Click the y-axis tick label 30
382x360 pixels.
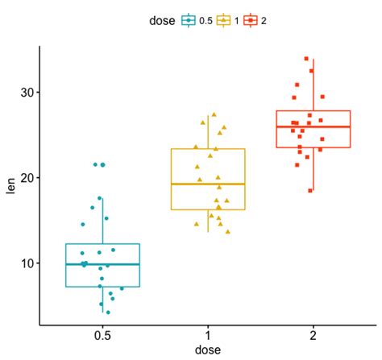click(27, 92)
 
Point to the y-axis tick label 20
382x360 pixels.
click(27, 177)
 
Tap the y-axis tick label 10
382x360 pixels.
click(27, 263)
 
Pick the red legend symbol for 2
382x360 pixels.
click(251, 19)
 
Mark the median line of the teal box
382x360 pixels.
click(102, 264)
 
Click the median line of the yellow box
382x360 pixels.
click(208, 184)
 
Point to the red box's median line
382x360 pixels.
click(313, 126)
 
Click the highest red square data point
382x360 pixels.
click(306, 59)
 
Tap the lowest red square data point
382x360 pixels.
click(310, 190)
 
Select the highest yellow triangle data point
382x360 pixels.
click(214, 114)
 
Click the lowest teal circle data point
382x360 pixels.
click(108, 312)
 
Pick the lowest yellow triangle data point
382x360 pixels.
click(227, 232)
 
